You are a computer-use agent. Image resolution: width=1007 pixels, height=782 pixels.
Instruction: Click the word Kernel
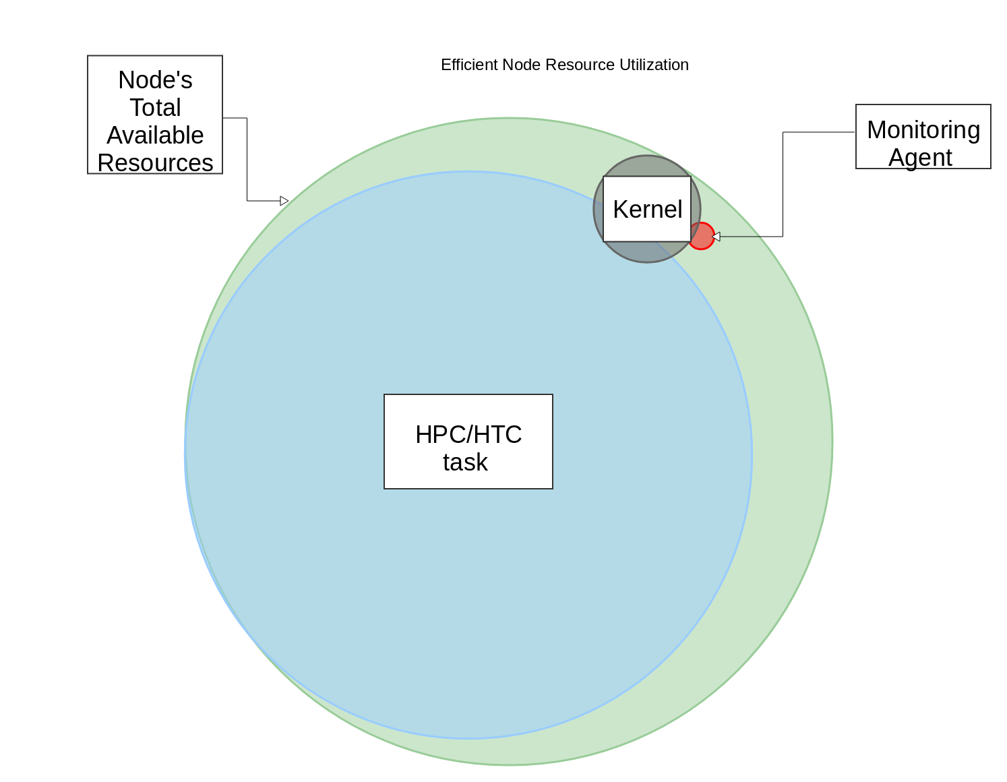click(647, 210)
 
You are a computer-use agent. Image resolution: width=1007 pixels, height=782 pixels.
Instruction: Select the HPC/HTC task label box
click(468, 442)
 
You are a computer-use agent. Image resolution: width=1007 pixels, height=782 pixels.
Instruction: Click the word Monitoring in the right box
click(923, 129)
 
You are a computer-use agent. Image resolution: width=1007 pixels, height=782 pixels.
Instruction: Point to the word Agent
click(920, 158)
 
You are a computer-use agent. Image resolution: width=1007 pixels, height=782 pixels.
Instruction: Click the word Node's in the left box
click(155, 80)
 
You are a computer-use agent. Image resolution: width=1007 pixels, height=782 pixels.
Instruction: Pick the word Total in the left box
click(155, 107)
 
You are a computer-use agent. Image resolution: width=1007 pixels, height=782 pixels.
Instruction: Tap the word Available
click(155, 136)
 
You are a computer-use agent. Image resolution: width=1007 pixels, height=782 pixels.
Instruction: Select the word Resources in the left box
click(155, 162)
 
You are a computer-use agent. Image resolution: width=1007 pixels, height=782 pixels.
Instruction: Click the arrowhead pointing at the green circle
click(284, 201)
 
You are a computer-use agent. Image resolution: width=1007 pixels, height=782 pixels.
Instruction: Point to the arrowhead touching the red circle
click(716, 237)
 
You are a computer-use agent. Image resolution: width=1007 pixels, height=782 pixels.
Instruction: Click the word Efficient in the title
click(469, 65)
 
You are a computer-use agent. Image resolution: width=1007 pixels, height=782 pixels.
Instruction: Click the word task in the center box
click(465, 462)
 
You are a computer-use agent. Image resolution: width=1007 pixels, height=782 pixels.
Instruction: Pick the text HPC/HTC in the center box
click(468, 435)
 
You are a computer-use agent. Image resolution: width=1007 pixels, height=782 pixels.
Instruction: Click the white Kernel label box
click(647, 209)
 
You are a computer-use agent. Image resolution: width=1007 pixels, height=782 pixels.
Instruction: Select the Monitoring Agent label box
click(923, 137)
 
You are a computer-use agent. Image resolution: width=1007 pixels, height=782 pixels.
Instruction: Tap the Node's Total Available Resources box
click(155, 115)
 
